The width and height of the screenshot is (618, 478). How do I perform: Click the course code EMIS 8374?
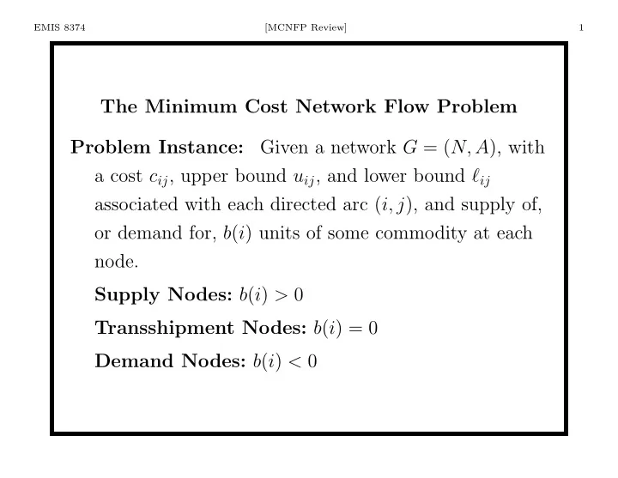pos(59,27)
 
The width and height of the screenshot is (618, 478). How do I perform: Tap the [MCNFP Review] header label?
pos(306,27)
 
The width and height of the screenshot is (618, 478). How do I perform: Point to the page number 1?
pos(581,27)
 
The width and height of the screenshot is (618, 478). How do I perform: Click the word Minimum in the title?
pos(191,106)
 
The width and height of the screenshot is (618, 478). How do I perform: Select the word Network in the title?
pos(336,106)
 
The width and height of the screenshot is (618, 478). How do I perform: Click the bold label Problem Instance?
pos(157,148)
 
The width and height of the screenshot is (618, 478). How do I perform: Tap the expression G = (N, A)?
pos(449,148)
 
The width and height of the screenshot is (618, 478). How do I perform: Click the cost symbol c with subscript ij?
pos(159,178)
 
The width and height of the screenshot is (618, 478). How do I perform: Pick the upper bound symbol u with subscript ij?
pos(304,178)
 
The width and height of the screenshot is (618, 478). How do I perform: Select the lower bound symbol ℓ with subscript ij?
pos(481,177)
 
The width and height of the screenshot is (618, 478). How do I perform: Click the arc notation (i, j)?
pos(393,205)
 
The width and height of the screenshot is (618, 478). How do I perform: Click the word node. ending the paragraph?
pos(116,262)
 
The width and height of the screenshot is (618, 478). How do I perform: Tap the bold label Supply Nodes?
pos(163,294)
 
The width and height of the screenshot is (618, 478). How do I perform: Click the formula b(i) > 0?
pos(271,294)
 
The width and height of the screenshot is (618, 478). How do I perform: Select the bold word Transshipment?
pos(164,328)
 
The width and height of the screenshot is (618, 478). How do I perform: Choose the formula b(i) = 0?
pos(346,328)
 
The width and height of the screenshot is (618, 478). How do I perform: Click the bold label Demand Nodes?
pos(170,360)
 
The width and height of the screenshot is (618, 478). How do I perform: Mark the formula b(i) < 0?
pos(285,361)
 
